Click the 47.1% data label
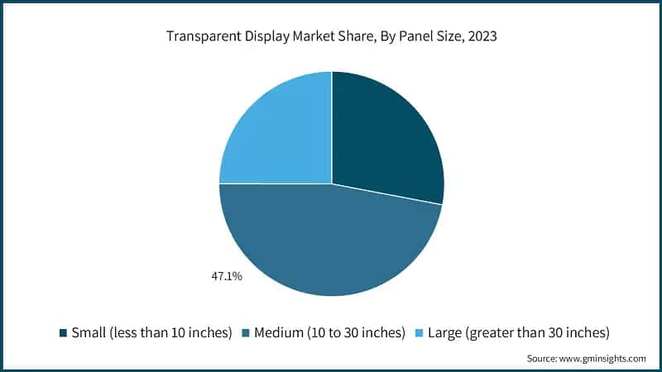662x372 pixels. pos(225,276)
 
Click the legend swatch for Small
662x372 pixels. pos(63,333)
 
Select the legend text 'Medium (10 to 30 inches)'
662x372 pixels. pos(329,333)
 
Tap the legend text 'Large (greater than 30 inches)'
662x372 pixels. pos(516,333)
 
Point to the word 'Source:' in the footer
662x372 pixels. pos(544,359)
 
